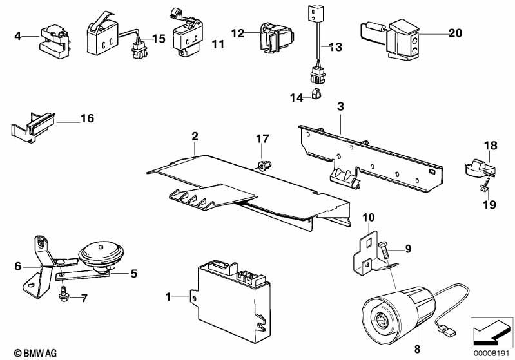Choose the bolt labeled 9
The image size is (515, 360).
click(x=382, y=246)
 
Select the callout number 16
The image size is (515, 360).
click(x=87, y=118)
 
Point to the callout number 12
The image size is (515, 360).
click(x=238, y=32)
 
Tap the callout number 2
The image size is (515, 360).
click(x=194, y=136)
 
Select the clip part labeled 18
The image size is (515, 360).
click(x=477, y=168)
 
